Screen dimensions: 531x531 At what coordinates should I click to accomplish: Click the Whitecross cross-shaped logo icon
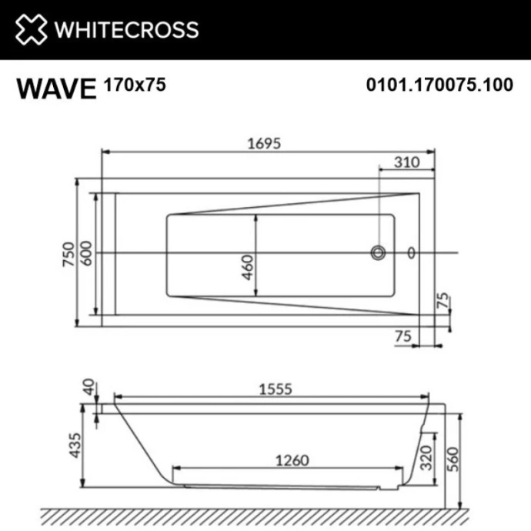(x=31, y=29)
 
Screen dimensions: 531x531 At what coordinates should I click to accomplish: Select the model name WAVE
(x=55, y=88)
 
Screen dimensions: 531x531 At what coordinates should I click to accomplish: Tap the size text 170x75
(x=134, y=84)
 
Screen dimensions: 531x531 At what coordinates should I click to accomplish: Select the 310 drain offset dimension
(x=406, y=162)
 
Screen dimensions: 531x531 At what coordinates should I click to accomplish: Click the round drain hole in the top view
(x=378, y=252)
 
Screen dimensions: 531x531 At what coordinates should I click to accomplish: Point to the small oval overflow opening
(x=411, y=252)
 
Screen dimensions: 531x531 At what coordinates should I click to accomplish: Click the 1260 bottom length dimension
(x=291, y=460)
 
